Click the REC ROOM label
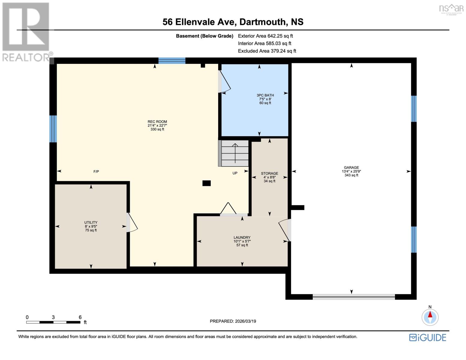point(157,122)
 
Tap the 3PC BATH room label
point(265,95)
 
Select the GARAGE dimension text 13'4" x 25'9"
point(351,172)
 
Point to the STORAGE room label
point(269,173)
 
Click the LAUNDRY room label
point(242,238)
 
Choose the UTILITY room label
point(91,223)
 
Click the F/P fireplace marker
point(96,172)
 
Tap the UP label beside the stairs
point(235,173)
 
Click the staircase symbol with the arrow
point(234,153)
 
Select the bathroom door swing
point(224,82)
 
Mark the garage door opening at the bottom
point(354,297)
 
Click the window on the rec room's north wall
point(172,61)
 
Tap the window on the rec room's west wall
point(53,129)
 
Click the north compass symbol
point(430,317)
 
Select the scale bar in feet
point(53,322)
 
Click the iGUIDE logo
point(428,337)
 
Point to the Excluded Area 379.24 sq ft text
point(267,51)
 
